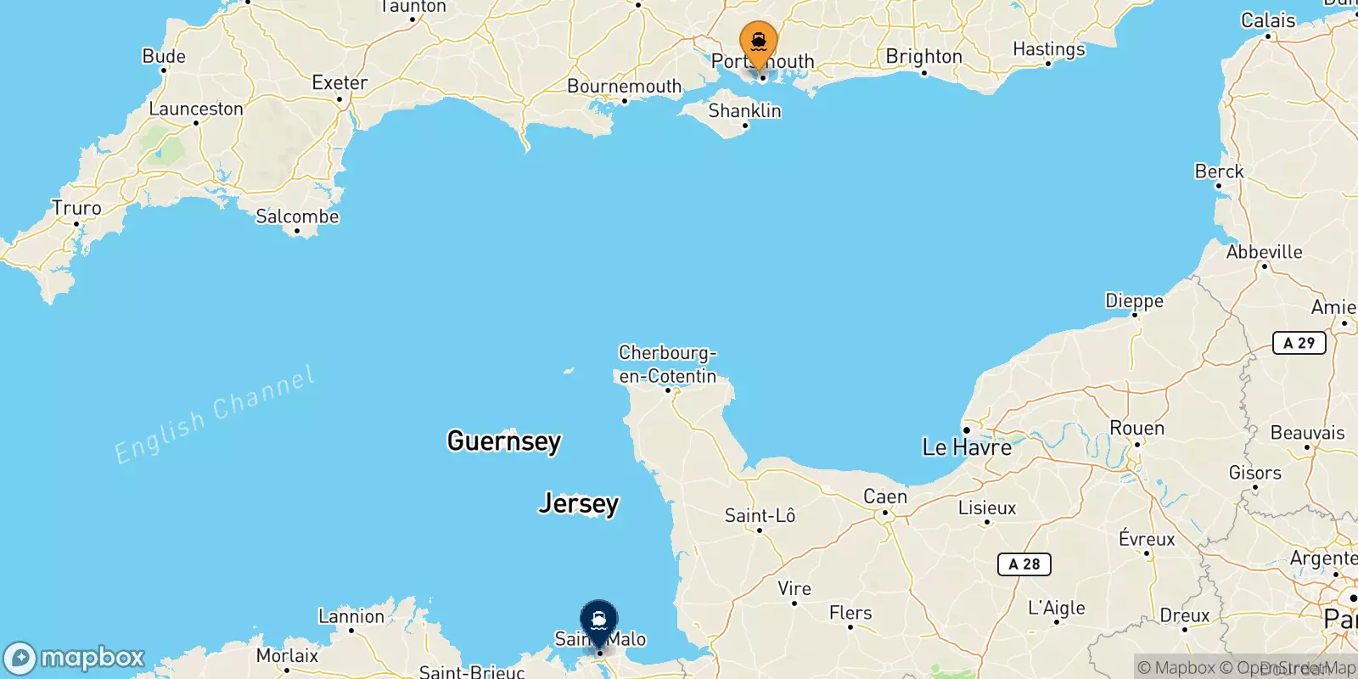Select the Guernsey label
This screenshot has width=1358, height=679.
tap(504, 441)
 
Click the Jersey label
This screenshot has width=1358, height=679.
tap(579, 503)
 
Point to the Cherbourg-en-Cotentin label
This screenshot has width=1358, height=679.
tap(667, 364)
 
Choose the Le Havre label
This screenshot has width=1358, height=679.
tap(967, 447)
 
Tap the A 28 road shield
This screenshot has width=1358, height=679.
tap(1024, 564)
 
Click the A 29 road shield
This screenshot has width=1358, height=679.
tap(1299, 343)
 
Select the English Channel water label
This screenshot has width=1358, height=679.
tap(215, 415)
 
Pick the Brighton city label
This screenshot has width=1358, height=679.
tap(923, 57)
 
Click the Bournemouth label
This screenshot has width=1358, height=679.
tap(624, 87)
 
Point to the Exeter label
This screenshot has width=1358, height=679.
tap(339, 83)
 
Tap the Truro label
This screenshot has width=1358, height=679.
tap(76, 208)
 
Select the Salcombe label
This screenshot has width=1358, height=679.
tap(297, 216)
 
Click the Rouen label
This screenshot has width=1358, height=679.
tap(1136, 429)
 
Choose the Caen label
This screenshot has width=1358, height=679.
tap(885, 497)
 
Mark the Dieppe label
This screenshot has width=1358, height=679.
tap(1134, 301)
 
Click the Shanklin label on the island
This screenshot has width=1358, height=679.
tap(744, 111)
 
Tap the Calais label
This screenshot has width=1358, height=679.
tap(1268, 20)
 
